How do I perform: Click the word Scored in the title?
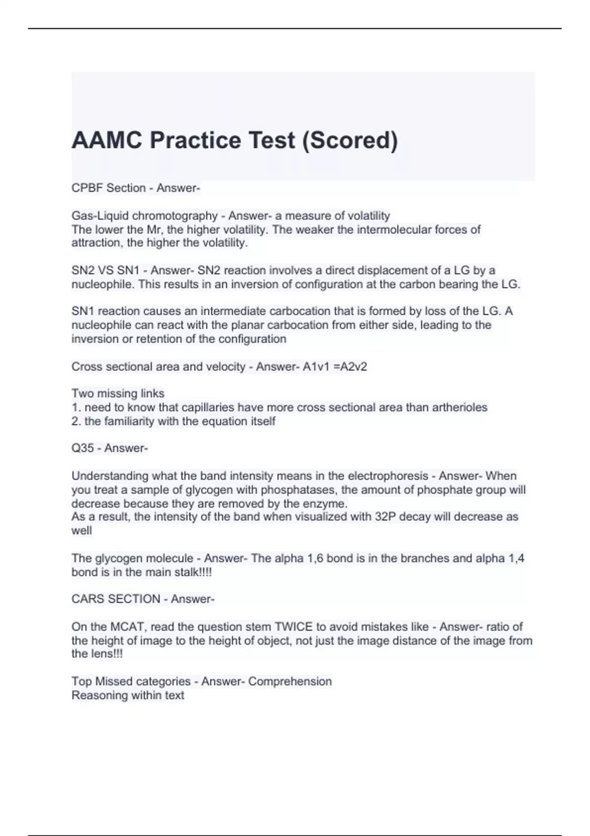click(x=349, y=140)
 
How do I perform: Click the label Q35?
click(x=83, y=448)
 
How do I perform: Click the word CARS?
click(x=88, y=599)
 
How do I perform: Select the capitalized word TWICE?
click(x=293, y=627)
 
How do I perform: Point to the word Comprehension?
click(x=290, y=682)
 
